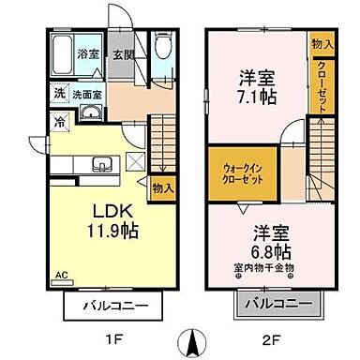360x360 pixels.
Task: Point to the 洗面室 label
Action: click(89, 95)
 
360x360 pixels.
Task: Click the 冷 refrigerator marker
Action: click(58, 120)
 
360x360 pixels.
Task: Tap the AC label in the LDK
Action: click(62, 274)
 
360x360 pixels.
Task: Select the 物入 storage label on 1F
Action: click(163, 187)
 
